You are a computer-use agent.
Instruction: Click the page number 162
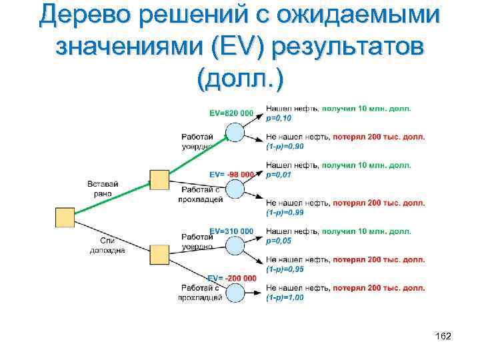(443, 336)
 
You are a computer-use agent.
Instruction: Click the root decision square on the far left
(65, 217)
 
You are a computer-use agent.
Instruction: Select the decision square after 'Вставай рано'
(159, 180)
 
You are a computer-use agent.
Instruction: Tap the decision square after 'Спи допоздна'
(159, 255)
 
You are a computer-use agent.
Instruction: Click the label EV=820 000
(231, 113)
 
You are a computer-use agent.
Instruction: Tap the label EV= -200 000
(232, 278)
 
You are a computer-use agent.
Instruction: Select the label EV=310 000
(231, 231)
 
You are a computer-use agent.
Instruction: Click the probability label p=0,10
(279, 118)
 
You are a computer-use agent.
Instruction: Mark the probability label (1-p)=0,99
(285, 212)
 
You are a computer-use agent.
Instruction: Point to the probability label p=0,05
(279, 241)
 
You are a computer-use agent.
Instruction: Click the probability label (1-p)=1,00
(285, 297)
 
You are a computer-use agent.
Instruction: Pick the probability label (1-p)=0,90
(285, 146)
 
